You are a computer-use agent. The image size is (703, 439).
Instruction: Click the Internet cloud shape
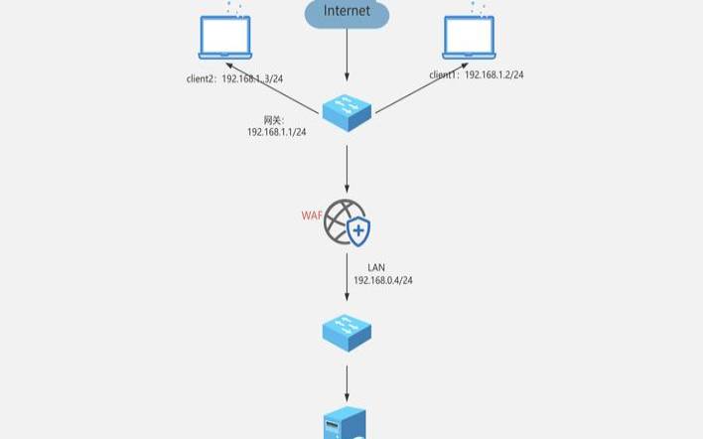coord(347,13)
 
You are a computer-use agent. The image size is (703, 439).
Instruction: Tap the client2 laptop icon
coord(225,37)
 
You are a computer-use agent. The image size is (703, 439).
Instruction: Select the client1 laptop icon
coord(469,37)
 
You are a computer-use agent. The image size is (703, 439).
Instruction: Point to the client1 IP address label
coord(477,74)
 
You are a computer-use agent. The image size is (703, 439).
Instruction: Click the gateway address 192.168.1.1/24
coord(276,132)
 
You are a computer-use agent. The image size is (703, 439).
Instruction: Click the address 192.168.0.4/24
coord(382,281)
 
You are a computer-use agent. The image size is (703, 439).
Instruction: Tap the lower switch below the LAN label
coord(348,331)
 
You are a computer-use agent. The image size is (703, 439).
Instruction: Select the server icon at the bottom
coord(347,425)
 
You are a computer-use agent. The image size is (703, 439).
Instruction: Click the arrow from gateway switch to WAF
coord(347,169)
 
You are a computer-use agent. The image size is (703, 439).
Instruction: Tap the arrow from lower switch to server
coord(347,381)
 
